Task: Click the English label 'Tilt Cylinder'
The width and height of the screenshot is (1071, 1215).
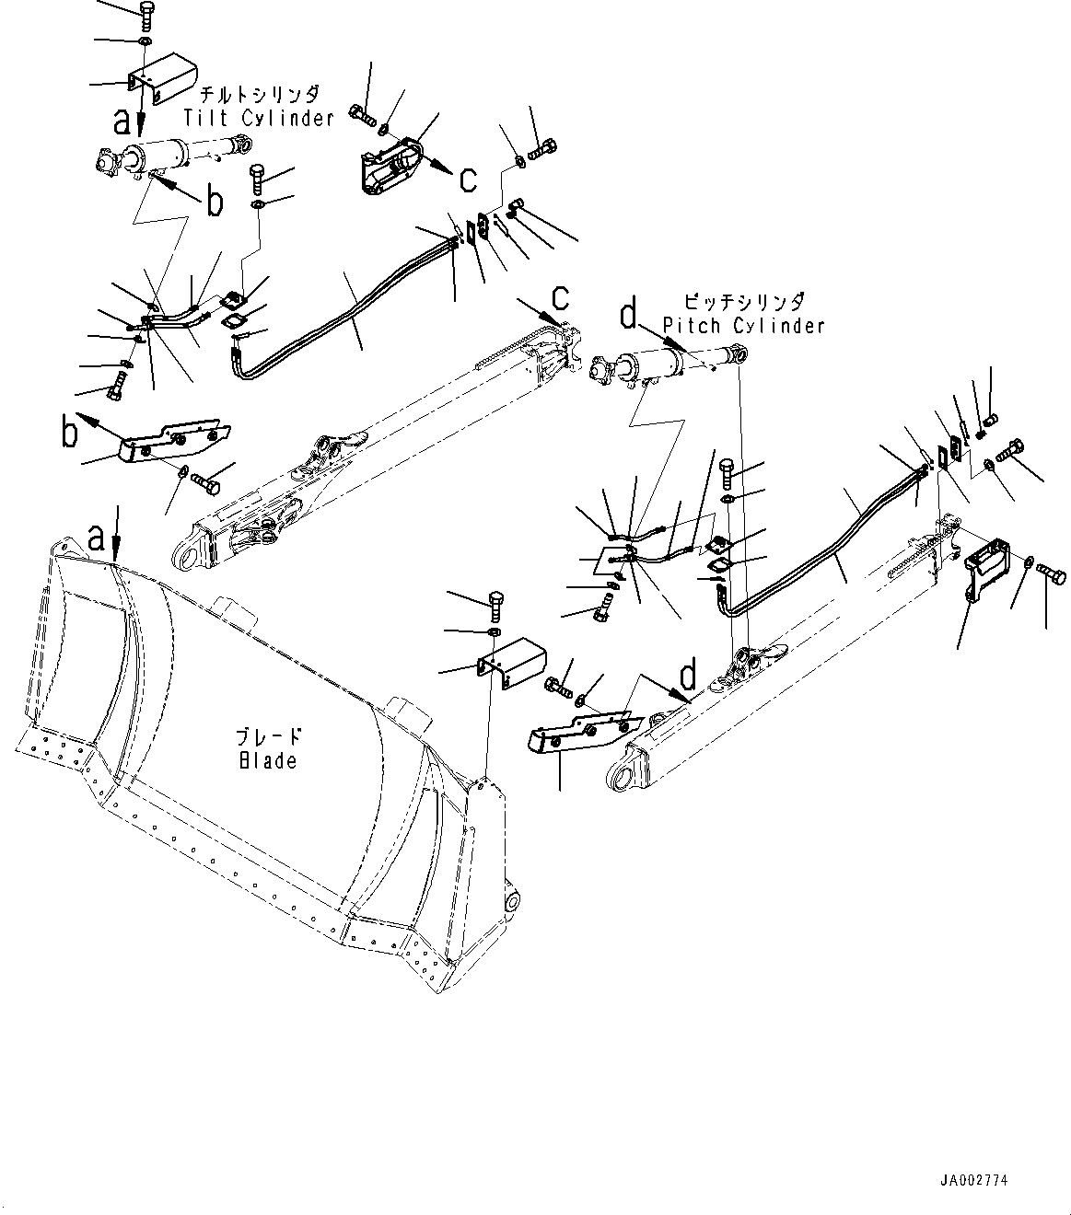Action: pos(258,118)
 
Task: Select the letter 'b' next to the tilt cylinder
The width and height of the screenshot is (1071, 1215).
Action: pos(215,202)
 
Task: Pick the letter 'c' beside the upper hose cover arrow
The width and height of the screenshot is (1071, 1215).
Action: pos(469,179)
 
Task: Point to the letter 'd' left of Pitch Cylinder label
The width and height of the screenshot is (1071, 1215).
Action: pos(628,316)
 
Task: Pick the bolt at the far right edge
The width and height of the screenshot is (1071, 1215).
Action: pos(1054,577)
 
